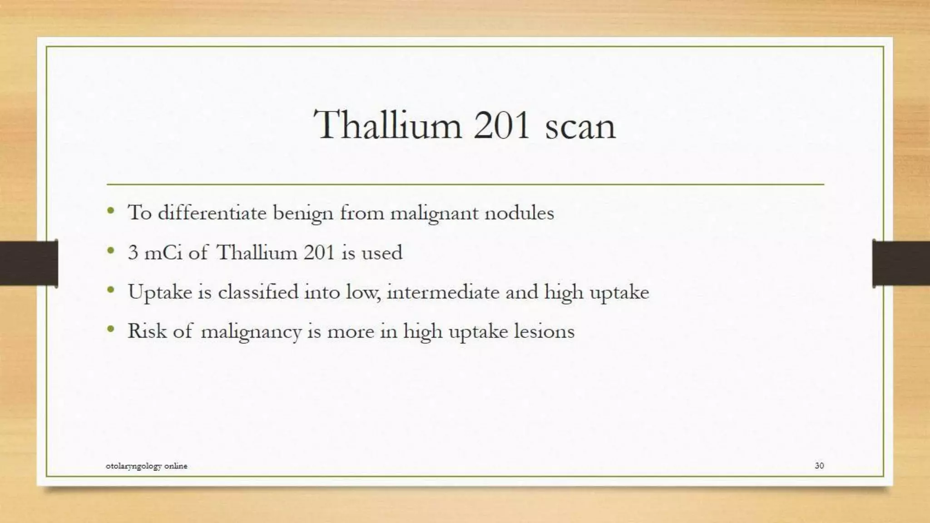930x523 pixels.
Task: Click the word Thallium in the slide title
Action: click(x=387, y=125)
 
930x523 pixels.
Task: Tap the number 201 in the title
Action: click(x=501, y=125)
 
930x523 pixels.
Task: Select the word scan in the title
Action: click(x=580, y=127)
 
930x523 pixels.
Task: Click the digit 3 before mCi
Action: click(x=133, y=252)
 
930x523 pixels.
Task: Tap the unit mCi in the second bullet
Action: click(x=163, y=252)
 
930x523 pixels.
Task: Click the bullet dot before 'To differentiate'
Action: click(x=111, y=211)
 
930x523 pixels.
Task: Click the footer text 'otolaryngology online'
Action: click(x=146, y=466)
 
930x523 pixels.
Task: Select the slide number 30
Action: click(x=819, y=465)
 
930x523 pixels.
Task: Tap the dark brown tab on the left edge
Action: click(x=29, y=263)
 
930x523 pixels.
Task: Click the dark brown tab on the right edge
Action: click(x=901, y=263)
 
